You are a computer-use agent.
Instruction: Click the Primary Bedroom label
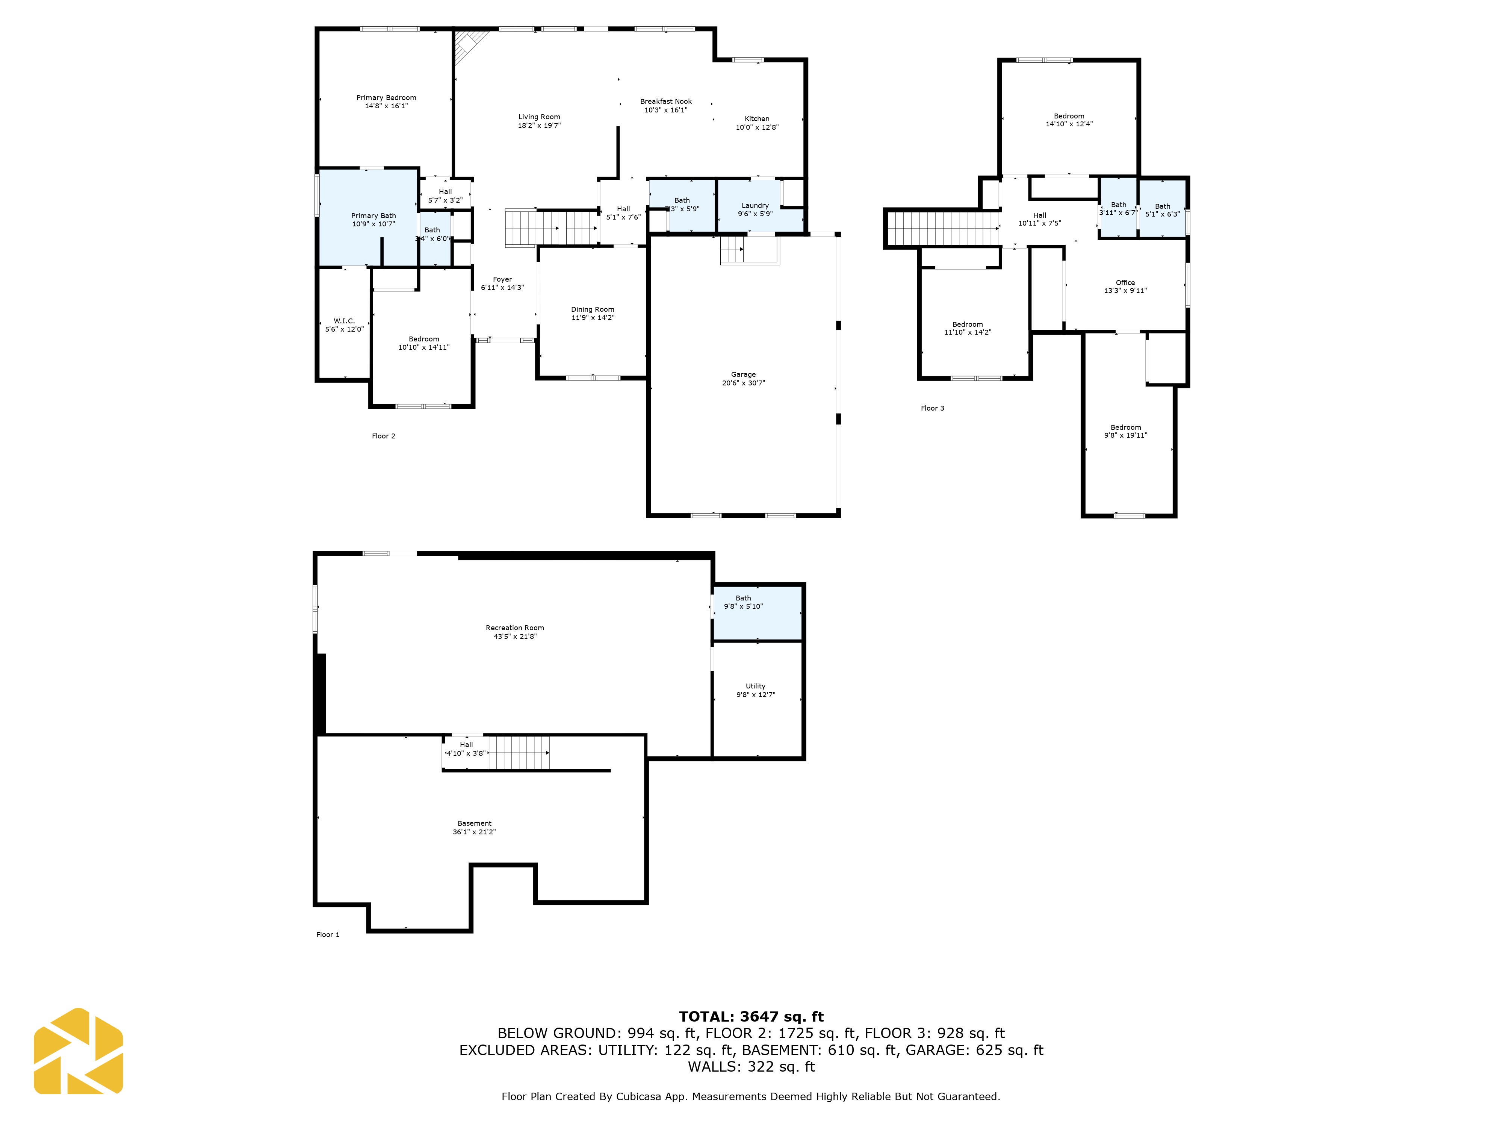click(x=386, y=98)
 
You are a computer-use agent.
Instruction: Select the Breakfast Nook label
click(x=665, y=101)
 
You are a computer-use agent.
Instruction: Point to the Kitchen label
click(x=756, y=118)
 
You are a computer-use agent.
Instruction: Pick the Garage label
click(x=742, y=374)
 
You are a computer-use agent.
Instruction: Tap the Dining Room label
click(x=592, y=309)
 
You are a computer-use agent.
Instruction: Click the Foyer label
click(x=502, y=279)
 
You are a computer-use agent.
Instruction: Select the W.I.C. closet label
click(x=344, y=321)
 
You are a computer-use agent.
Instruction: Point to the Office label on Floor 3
click(x=1125, y=282)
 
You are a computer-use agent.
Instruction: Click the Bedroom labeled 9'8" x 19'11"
click(x=1125, y=431)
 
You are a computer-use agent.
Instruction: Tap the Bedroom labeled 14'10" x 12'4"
click(x=1068, y=120)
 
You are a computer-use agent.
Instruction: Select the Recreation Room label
click(x=514, y=628)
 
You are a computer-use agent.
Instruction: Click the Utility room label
click(x=755, y=686)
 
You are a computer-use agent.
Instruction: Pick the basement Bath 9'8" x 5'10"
click(x=742, y=602)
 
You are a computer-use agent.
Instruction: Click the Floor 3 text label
click(x=931, y=408)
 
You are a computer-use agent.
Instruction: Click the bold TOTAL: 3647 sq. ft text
click(x=751, y=1016)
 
